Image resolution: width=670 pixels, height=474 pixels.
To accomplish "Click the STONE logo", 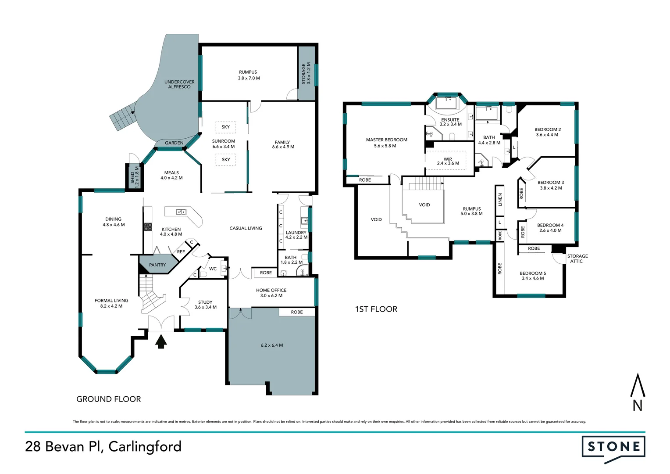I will click(x=613, y=448).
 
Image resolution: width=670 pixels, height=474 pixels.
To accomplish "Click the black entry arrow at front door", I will click(x=161, y=341).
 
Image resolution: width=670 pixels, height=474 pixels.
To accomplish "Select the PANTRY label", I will click(x=157, y=265).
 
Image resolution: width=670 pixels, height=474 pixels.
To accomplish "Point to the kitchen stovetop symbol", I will click(x=148, y=227).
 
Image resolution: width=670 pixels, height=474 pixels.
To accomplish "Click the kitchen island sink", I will click(x=181, y=212).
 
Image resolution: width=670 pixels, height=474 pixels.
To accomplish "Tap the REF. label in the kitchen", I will click(x=181, y=252).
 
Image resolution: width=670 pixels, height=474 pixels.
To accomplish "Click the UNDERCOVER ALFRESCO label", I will click(x=179, y=84).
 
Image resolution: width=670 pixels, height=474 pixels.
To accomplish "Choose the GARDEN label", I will click(x=174, y=143).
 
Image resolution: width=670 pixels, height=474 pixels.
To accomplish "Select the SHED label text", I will click(x=132, y=177).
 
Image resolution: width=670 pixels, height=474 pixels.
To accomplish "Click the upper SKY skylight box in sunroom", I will click(x=225, y=127).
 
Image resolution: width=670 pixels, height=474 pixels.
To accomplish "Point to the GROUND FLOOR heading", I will click(x=109, y=399).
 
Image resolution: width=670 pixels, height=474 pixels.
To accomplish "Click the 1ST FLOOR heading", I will click(x=376, y=309).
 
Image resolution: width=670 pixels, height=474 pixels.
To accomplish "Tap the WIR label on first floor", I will click(x=448, y=159).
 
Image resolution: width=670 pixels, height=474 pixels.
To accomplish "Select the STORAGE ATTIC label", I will click(x=577, y=259).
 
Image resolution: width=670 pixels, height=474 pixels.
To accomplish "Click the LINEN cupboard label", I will click(x=500, y=200).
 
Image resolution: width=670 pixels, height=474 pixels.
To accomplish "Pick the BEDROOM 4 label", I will click(x=550, y=225).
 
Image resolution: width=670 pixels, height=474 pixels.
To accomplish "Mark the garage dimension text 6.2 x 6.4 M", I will click(x=272, y=345).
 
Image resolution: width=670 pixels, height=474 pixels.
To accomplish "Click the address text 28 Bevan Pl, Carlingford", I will click(x=103, y=447).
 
